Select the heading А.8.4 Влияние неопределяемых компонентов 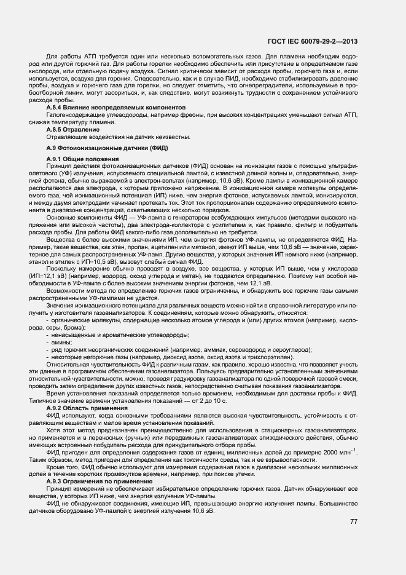99,107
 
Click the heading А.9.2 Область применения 85,408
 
